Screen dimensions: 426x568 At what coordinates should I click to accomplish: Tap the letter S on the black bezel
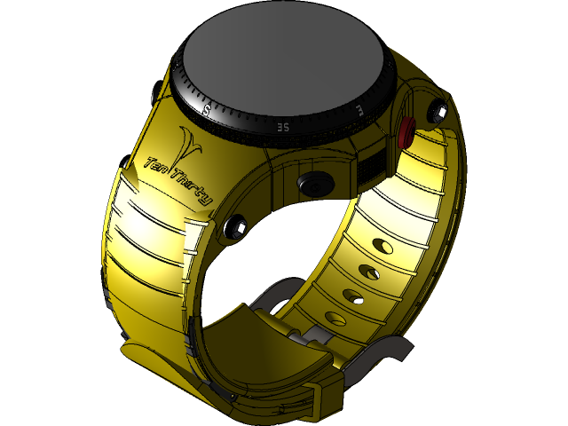tap(207, 110)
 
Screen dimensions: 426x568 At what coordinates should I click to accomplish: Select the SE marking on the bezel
tap(281, 127)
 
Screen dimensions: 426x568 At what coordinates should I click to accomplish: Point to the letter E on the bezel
tap(358, 109)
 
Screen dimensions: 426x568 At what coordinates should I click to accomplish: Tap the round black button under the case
tap(312, 185)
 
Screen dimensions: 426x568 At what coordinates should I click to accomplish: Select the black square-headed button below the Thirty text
tap(235, 227)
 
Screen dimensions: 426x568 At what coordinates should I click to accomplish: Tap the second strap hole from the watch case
tap(366, 268)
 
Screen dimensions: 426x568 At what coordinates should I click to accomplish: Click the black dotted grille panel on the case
tap(371, 165)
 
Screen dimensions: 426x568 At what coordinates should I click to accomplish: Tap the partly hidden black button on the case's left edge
tap(154, 92)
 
